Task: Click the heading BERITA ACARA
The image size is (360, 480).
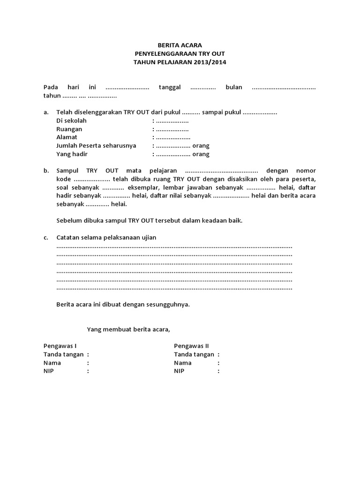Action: [180, 45]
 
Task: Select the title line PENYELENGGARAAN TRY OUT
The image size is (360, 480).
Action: [180, 53]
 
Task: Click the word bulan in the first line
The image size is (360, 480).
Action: [234, 87]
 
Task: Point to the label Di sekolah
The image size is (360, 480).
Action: [71, 120]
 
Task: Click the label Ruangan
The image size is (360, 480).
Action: [69, 129]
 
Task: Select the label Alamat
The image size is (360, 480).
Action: [67, 137]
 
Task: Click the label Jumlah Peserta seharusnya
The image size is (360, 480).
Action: [96, 146]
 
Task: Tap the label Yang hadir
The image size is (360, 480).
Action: [72, 154]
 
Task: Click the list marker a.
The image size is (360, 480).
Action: [46, 112]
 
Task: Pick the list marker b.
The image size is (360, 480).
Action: [46, 171]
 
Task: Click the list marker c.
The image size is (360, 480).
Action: [46, 238]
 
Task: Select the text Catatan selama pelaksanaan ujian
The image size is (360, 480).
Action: [106, 238]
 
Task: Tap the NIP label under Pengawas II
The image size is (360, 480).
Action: [179, 371]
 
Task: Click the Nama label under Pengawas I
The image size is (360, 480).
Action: [52, 362]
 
